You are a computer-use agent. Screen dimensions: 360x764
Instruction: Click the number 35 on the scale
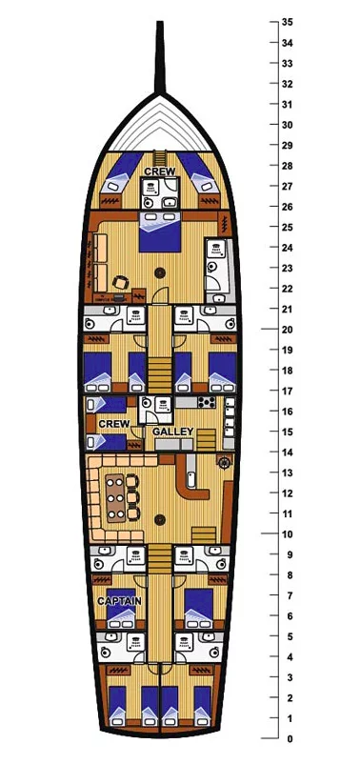[287, 23]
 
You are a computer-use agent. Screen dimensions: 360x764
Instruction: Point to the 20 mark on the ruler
[287, 330]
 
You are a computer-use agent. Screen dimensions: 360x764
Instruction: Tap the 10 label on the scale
[287, 534]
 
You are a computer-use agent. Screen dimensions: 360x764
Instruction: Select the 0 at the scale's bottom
[290, 738]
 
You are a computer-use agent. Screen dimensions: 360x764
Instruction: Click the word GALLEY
[173, 432]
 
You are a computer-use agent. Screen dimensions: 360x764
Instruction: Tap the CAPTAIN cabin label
[119, 601]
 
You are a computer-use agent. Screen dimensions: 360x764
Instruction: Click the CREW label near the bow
[160, 172]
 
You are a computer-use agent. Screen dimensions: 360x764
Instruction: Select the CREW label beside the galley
[114, 424]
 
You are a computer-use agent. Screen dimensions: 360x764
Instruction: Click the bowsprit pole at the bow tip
[159, 57]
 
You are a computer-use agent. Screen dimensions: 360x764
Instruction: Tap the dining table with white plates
[116, 497]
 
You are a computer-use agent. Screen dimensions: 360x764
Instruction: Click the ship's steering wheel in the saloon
[224, 462]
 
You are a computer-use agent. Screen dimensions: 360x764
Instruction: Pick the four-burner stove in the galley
[208, 402]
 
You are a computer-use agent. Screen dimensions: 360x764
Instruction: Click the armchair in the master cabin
[120, 283]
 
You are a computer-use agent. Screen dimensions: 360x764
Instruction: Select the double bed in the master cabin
[160, 231]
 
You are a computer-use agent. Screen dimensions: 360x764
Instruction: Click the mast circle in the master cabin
[159, 272]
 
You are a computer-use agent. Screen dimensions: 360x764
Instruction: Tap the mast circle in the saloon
[159, 520]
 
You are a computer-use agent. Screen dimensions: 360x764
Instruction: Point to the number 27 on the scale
[287, 186]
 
